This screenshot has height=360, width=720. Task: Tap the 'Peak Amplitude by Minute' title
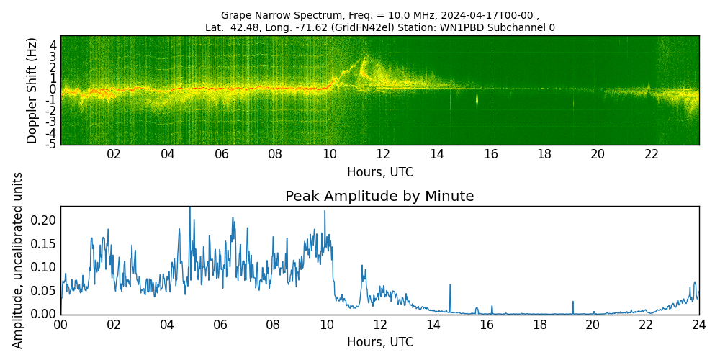(379, 197)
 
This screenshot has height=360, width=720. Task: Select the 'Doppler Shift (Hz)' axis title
(32, 91)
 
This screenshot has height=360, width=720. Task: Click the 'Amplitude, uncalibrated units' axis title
(18, 260)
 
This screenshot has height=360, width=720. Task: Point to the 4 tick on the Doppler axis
(53, 45)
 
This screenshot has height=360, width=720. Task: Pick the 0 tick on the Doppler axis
(53, 89)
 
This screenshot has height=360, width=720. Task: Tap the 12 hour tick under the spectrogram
(383, 154)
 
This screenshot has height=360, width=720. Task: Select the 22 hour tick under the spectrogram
(652, 154)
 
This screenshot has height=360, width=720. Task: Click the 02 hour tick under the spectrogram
(114, 154)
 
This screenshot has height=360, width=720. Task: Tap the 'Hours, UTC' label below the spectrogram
(379, 173)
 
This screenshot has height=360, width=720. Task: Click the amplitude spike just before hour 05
(190, 209)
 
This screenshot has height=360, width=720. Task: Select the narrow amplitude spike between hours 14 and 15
(450, 286)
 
